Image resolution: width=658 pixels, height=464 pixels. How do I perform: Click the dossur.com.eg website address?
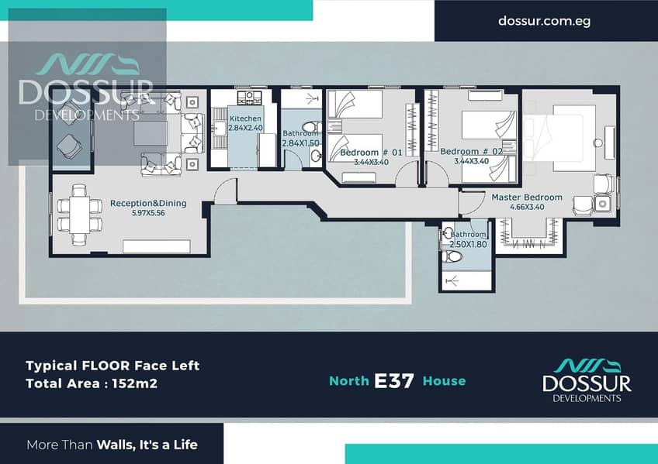[544, 21]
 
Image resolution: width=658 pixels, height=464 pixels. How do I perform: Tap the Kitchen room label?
[245, 119]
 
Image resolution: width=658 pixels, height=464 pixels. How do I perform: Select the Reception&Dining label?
[148, 203]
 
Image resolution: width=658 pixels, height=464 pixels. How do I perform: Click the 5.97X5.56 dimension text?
[148, 213]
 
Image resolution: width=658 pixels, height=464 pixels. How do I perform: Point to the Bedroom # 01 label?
[371, 153]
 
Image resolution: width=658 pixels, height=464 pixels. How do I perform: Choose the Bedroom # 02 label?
[471, 151]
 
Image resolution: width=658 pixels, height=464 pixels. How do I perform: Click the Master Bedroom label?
[527, 198]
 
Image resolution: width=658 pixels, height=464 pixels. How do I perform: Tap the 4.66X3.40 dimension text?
[527, 207]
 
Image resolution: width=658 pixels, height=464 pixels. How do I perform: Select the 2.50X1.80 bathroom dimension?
[469, 244]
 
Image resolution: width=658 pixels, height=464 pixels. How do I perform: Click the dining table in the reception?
[79, 215]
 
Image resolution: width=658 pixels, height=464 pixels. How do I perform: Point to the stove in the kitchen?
[249, 98]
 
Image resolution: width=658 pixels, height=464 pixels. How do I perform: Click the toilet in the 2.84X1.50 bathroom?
[312, 127]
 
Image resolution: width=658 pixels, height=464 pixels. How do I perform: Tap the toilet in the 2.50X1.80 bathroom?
[452, 256]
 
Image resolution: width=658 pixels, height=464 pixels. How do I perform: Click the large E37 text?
[393, 380]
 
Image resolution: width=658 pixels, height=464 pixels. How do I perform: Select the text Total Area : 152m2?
[92, 383]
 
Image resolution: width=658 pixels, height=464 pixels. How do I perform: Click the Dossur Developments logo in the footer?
[587, 380]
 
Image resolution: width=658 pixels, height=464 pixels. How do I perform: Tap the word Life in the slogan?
[185, 445]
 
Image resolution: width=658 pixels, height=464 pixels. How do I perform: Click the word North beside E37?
[348, 380]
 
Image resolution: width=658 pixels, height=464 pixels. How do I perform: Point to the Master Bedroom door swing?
[471, 204]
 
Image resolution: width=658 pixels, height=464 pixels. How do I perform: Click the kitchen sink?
[219, 128]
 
